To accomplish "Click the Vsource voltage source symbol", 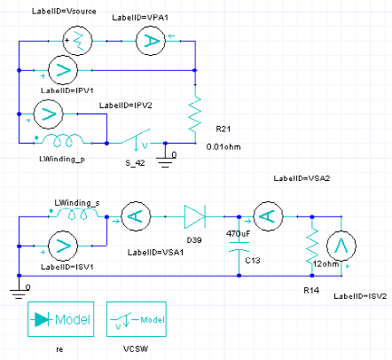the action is point(77,41).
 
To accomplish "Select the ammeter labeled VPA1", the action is point(151,41).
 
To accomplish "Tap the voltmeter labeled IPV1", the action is point(63,70).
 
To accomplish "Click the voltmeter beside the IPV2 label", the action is point(49,113).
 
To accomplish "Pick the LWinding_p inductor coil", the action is point(63,140).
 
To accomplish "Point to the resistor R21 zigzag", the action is point(195,113).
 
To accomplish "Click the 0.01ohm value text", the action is point(223,147).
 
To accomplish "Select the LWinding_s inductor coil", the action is point(78,214).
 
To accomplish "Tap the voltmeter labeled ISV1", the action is point(63,246).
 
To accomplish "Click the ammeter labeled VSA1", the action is point(136,216).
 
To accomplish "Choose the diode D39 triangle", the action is point(195,216).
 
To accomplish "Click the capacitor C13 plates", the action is point(239,247).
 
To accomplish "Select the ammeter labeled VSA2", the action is point(268,216).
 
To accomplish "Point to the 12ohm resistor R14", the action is point(312,246).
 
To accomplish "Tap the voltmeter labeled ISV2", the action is point(341,246).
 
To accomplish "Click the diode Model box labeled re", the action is point(61,319).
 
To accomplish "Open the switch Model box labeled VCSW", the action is point(137,319).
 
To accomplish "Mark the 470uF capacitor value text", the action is point(239,234).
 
